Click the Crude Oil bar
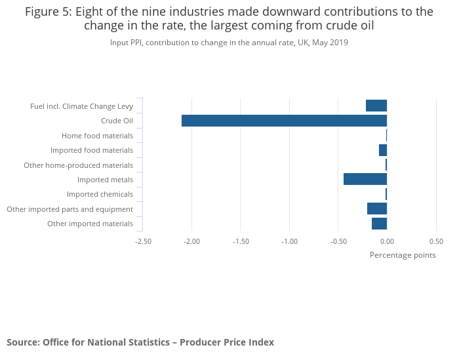(284, 121)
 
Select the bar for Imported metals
(365, 179)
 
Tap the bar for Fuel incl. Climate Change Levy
(376, 106)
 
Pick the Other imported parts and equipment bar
(377, 209)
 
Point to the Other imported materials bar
(379, 224)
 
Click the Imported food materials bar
(383, 150)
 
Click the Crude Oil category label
(117, 121)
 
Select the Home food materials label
(97, 136)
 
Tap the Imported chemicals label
(100, 194)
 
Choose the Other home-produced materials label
(78, 165)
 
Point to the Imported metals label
(105, 180)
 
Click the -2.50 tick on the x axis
(143, 241)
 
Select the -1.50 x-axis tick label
(241, 241)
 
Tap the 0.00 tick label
(387, 241)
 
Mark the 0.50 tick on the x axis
(436, 241)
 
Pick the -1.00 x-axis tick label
(289, 241)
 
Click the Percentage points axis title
(403, 255)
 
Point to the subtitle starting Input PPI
(229, 43)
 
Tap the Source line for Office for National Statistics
(140, 342)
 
